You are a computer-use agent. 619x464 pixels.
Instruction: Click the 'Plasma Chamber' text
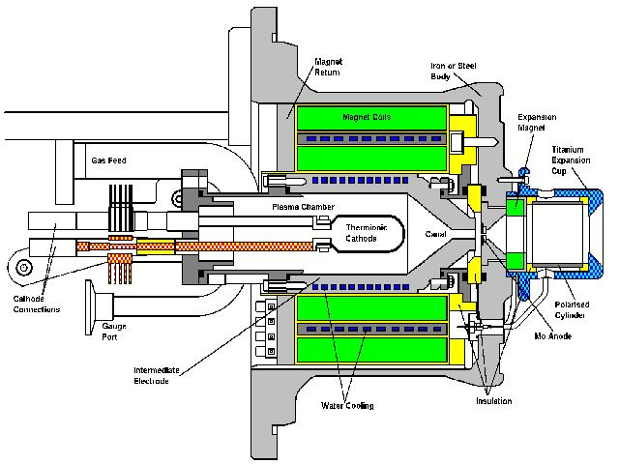tap(294, 206)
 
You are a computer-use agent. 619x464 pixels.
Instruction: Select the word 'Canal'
tap(436, 232)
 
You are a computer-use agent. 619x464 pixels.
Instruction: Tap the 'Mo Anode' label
tap(551, 335)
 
